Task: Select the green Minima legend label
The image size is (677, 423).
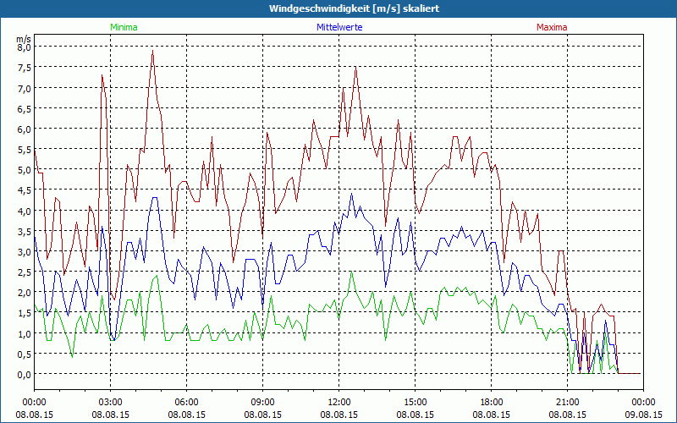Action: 124,27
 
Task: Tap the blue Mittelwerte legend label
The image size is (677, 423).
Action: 338,27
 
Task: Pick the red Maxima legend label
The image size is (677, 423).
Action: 552,27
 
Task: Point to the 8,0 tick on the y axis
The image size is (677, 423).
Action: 24,47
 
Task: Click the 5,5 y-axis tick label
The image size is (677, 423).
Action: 24,150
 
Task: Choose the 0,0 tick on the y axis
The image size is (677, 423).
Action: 24,375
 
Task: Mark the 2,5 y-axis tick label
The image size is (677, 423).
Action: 24,272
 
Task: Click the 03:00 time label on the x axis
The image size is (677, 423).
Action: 110,402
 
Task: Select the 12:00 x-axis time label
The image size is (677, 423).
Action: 338,402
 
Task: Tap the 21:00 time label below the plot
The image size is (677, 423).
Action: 567,402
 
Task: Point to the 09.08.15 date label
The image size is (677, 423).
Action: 643,415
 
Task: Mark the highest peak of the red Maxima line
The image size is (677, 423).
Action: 152,51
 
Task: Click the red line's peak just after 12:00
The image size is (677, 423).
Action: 356,67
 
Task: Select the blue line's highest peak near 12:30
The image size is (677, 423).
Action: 352,194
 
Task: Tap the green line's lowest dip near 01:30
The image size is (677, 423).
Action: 72,356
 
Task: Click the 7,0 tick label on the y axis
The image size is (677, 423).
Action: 24,88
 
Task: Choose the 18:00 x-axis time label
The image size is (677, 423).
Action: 491,402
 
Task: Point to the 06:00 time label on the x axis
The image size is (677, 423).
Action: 186,402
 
